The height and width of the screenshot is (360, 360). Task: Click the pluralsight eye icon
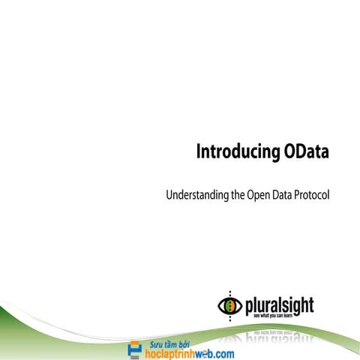(x=229, y=304)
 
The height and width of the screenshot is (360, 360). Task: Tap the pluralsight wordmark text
(x=278, y=304)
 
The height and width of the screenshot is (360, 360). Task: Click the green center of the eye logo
(x=229, y=304)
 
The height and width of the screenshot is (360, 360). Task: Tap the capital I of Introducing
(x=199, y=151)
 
